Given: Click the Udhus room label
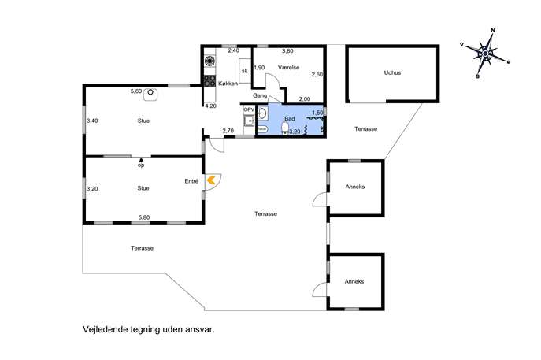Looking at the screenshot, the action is [x=392, y=72].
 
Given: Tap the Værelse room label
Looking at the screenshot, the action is [x=288, y=67].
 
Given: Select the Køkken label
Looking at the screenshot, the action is [x=228, y=84].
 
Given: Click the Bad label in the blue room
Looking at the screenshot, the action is [x=290, y=118].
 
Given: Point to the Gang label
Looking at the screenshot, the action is [x=260, y=95].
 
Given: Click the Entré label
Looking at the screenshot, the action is [x=191, y=181].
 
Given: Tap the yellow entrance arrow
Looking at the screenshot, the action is [x=211, y=180].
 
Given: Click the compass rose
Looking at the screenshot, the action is [x=485, y=54].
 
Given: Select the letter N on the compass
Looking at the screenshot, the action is [x=493, y=31].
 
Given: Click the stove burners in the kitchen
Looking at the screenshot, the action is [x=209, y=81].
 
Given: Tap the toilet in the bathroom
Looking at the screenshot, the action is [x=285, y=128].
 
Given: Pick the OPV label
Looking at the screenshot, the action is [x=249, y=109].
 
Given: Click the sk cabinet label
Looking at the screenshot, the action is [x=245, y=71].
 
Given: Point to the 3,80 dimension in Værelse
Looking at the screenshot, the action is [x=287, y=50].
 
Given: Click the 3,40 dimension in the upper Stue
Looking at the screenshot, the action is [x=92, y=121].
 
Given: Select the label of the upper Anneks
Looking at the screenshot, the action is [x=355, y=187].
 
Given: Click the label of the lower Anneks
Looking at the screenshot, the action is [x=354, y=281].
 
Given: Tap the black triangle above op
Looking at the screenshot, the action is [x=141, y=160].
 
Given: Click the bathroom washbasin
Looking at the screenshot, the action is [x=262, y=113].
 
